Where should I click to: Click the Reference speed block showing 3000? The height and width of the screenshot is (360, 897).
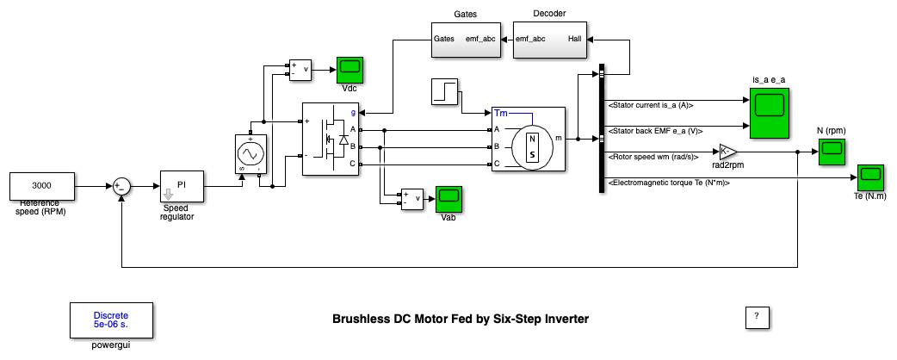coord(41,185)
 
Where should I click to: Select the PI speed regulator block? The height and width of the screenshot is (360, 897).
coord(182,185)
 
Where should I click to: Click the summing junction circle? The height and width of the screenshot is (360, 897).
coord(122,185)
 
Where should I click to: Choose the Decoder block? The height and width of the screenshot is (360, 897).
coord(541,40)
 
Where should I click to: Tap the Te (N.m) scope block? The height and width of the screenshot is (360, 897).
coord(869,178)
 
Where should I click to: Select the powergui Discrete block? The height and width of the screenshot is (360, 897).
coord(111,320)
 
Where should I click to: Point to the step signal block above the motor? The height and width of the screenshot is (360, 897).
coord(445,92)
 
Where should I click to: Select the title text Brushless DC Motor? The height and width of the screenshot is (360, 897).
coord(460,319)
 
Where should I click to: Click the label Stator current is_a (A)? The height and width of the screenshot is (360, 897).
coord(651,105)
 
